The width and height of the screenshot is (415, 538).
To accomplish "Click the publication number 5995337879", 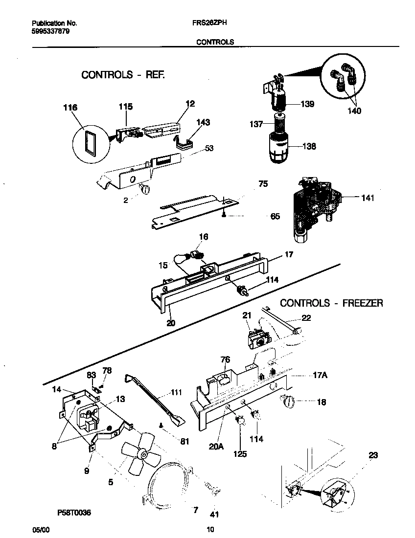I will tap(49, 30).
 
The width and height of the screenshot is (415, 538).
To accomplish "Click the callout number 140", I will tap(354, 111).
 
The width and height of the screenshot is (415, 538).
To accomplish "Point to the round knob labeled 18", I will tap(288, 403).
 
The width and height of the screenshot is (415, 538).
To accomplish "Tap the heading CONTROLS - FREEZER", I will tap(331, 303).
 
